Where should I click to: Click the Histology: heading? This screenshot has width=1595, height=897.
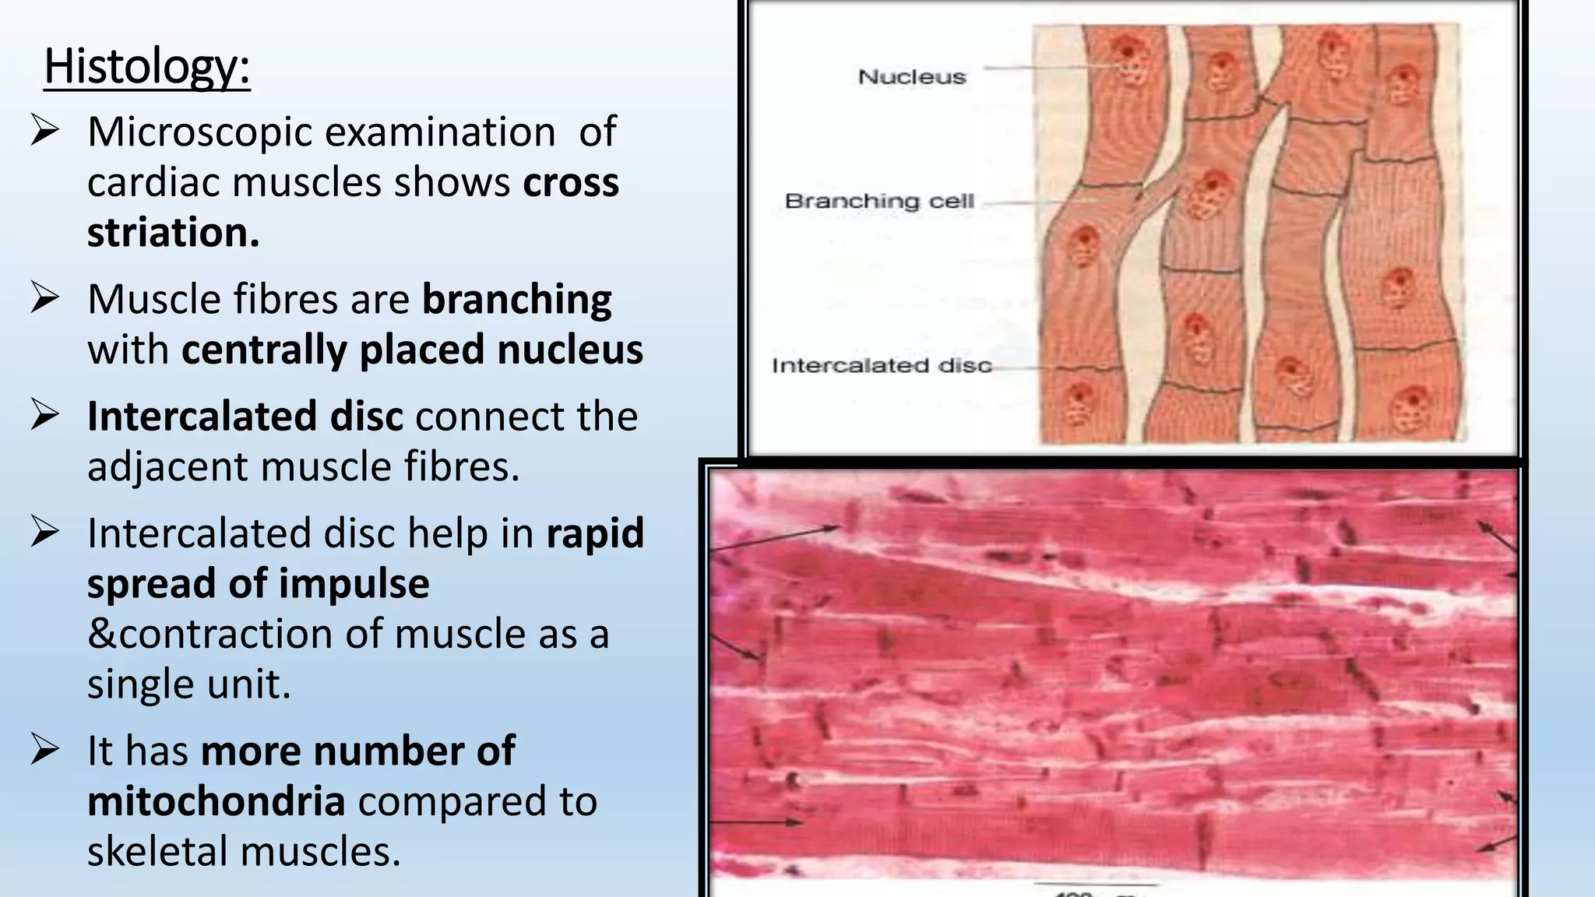click(146, 66)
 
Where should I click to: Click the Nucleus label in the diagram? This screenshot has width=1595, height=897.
click(911, 77)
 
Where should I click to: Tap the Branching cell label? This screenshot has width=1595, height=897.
click(879, 201)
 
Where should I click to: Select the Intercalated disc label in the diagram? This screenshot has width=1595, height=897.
click(881, 366)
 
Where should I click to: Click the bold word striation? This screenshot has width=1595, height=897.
click(173, 233)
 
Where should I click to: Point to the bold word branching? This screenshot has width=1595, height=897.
click(516, 300)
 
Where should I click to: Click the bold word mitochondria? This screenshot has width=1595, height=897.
click(216, 801)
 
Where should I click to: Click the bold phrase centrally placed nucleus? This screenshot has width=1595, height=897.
click(412, 350)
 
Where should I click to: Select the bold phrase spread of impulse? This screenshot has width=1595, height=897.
click(258, 584)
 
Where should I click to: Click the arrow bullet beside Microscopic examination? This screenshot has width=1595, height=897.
click(44, 130)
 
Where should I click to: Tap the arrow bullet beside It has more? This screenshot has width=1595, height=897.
click(44, 750)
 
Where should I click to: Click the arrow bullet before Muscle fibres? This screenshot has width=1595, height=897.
click(44, 298)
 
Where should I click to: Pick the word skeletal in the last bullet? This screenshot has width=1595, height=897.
click(157, 851)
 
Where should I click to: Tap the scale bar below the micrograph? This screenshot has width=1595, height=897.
click(1094, 885)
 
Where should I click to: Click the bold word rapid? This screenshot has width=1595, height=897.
click(595, 533)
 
